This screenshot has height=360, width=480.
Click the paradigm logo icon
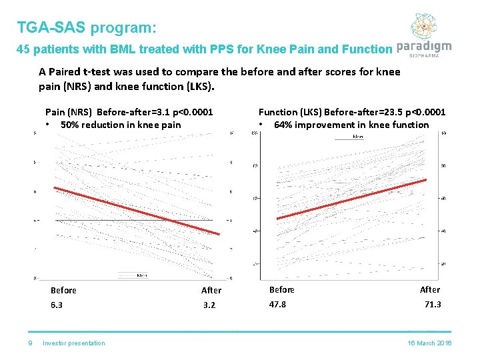[x=423, y=27]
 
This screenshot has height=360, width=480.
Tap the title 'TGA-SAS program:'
[x=87, y=28]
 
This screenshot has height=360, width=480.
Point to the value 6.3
[x=57, y=305]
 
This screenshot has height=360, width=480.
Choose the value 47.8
[x=277, y=304]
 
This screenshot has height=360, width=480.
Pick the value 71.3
[x=433, y=304]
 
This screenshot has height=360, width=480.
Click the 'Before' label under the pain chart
[x=63, y=290]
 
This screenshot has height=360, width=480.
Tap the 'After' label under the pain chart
[x=211, y=290]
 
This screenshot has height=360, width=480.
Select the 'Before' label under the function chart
[x=281, y=289]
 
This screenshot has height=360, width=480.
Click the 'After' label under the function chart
[x=430, y=289]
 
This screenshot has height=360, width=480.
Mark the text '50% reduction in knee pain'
[x=121, y=125]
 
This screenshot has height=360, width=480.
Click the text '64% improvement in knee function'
[x=351, y=125]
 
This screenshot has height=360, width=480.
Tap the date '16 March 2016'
[x=429, y=343]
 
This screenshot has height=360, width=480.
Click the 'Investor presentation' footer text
[x=73, y=343]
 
